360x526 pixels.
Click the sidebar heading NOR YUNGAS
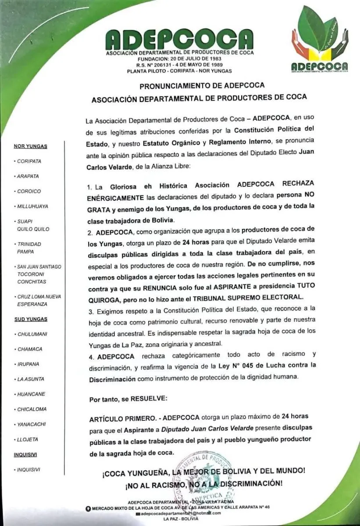[x=31, y=146]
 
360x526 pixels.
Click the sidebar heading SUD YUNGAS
[x=31, y=319]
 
